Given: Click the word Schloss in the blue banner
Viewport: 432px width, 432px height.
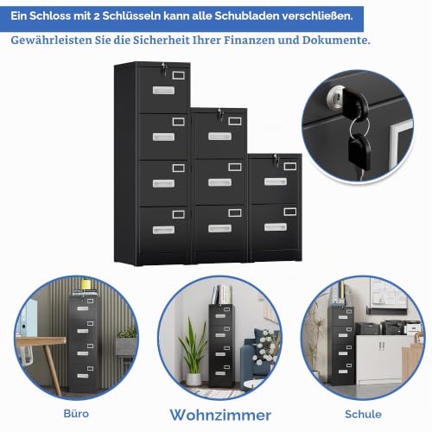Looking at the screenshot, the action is (x=49, y=16).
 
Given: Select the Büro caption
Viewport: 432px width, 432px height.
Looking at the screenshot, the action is (x=76, y=414).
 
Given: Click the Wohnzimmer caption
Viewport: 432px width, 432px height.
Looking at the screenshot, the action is (x=220, y=415).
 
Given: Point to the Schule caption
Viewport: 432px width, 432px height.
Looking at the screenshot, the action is (x=363, y=414).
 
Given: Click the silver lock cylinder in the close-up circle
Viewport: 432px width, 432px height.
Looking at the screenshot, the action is (x=335, y=98).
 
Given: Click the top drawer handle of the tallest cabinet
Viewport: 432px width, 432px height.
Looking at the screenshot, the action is (x=163, y=91).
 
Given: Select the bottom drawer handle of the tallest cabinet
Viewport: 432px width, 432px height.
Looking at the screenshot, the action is (x=163, y=230).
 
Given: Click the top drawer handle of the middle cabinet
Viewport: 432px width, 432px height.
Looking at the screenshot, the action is (x=219, y=136).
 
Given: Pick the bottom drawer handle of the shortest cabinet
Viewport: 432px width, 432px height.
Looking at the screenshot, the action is (x=276, y=227).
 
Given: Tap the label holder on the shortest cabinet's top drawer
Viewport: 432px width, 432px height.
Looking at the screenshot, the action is (x=290, y=166).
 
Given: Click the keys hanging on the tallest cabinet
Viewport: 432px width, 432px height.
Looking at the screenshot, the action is (x=164, y=68).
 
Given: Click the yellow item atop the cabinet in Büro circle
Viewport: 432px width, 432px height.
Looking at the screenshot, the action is (x=86, y=284).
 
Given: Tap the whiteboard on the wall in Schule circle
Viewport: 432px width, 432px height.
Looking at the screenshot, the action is (x=389, y=292).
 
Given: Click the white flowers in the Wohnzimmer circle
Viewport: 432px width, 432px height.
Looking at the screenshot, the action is (x=264, y=347).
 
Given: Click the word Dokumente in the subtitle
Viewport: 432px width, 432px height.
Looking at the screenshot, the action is (x=336, y=40).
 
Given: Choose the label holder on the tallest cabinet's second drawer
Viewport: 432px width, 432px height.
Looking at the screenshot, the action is (x=179, y=122).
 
